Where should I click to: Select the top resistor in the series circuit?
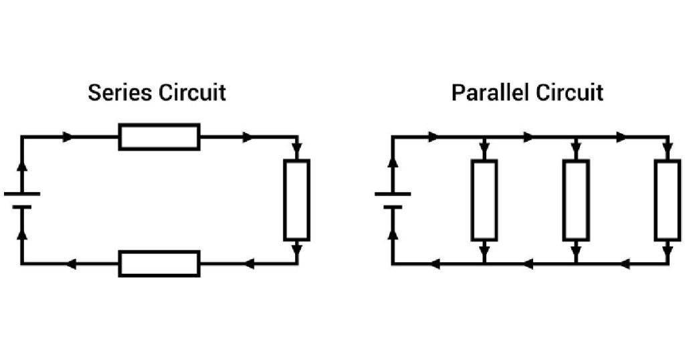click(x=159, y=137)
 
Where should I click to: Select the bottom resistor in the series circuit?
click(x=159, y=264)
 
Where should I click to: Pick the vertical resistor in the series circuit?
click(x=296, y=200)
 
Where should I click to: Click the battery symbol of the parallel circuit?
click(x=393, y=200)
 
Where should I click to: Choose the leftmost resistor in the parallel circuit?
click(x=484, y=200)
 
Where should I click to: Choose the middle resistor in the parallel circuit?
click(x=576, y=200)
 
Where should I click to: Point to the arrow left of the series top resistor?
click(x=68, y=137)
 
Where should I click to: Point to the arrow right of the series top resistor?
click(x=248, y=137)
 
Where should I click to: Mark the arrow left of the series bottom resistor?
click(x=70, y=264)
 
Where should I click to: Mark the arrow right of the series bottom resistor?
click(x=249, y=264)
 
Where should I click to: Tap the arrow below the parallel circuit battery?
click(x=393, y=236)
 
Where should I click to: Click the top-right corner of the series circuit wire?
click(x=296, y=137)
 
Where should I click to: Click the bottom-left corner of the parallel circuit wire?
click(x=393, y=264)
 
